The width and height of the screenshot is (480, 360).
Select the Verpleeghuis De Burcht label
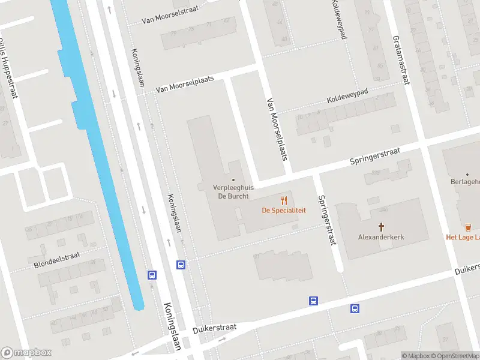pos(234,191)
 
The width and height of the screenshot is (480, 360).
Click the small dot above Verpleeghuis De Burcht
pos(233,179)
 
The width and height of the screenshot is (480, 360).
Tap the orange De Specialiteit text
pos(284,211)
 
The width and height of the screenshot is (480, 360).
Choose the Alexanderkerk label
pos(381,237)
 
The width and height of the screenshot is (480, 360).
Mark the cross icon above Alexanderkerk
pos(381,226)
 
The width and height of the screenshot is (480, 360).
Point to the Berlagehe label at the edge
pos(465,181)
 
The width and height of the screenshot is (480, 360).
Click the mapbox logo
pos(26,353)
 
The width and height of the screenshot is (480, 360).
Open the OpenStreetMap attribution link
pos(454,356)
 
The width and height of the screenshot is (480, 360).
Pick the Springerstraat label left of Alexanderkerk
pos(326,220)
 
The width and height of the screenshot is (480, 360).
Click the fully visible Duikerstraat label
pos(215,328)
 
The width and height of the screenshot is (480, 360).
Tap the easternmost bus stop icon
pos(355,308)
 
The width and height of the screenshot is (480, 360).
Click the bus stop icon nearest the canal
pos(152,275)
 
